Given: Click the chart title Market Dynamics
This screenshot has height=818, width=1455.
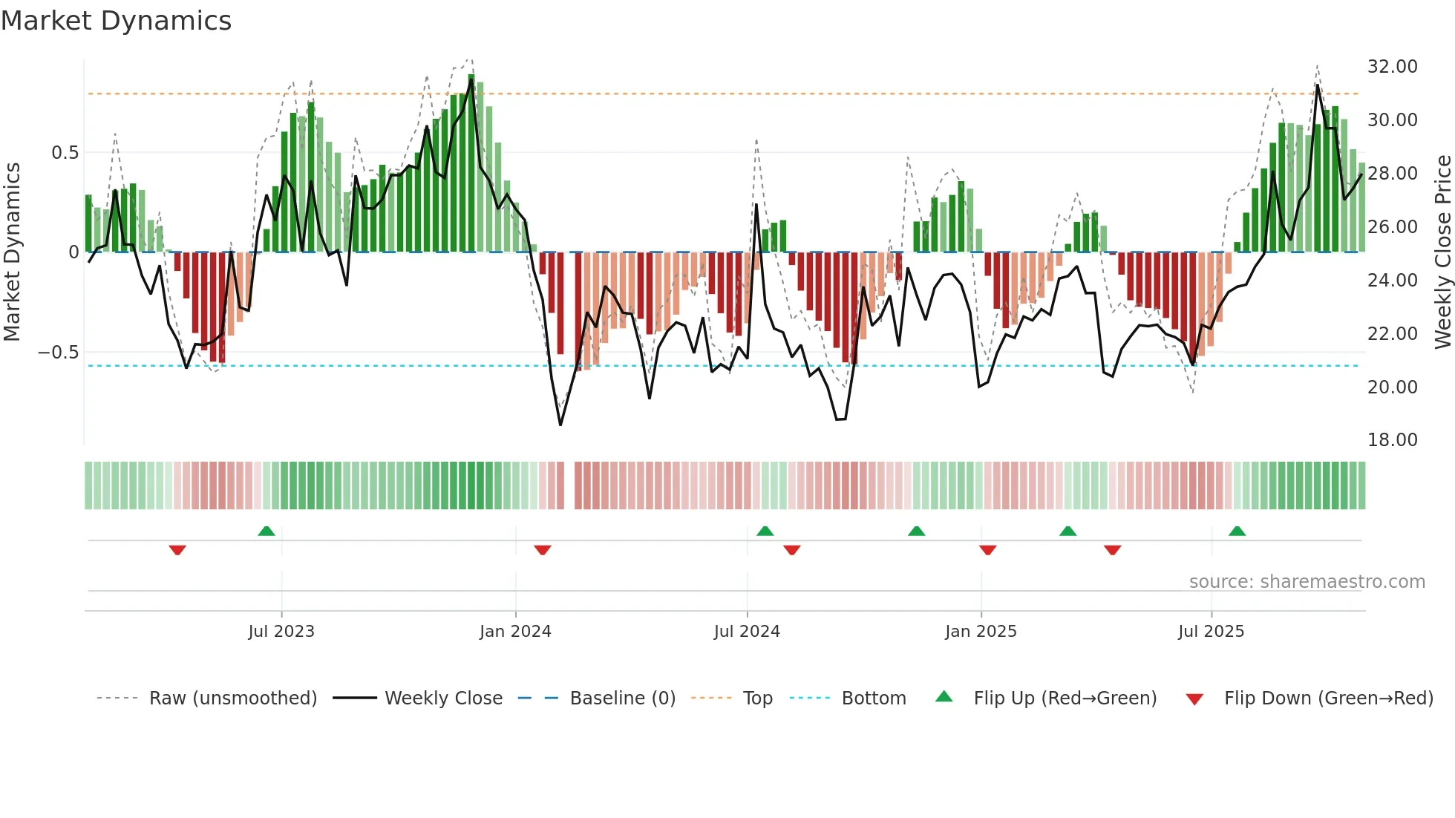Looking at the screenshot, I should [116, 21].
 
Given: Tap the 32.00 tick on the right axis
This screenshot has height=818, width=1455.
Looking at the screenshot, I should [1392, 67].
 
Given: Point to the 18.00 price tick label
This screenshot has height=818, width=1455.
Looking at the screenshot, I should [1392, 440].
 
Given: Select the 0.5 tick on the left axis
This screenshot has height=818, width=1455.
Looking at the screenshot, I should [65, 153].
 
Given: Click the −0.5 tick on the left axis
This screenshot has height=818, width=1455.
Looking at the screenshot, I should [59, 353].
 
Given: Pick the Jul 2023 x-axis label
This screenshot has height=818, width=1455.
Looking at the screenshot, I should [281, 632].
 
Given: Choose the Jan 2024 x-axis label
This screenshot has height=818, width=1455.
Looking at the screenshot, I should [515, 632].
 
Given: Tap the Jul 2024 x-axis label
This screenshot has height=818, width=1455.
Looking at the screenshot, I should [747, 632].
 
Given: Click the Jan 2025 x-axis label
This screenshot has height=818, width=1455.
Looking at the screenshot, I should [981, 632].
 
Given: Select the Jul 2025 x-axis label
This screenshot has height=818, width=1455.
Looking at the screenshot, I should [1211, 632].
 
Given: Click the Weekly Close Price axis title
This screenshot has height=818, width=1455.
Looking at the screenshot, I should [1442, 252].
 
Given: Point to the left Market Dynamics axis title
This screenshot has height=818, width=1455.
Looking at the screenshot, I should [12, 252].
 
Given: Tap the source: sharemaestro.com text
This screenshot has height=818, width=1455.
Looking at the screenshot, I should [1307, 582].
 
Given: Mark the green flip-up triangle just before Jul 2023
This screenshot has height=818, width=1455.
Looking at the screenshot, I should [267, 531].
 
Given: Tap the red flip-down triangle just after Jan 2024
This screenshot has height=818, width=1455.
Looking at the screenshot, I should [543, 550].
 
